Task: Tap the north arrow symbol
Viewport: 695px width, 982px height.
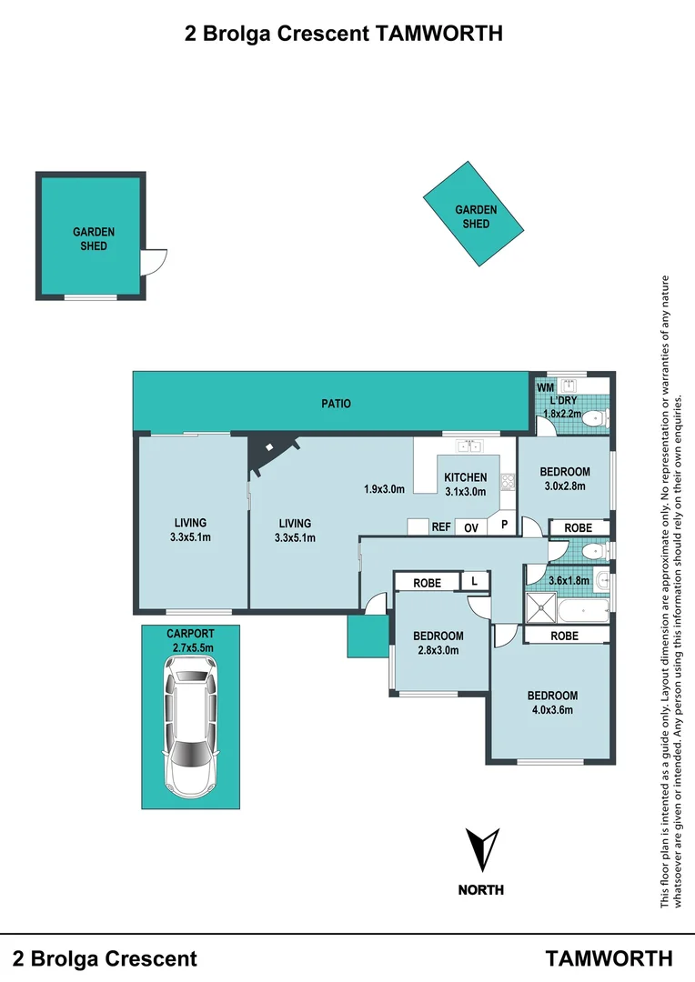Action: pyautogui.click(x=480, y=850)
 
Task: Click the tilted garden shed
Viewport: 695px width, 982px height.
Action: pyautogui.click(x=476, y=215)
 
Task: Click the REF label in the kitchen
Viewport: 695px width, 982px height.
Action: pyautogui.click(x=441, y=526)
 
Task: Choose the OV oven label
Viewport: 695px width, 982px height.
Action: pyautogui.click(x=471, y=526)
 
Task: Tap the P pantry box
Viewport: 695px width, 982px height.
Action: pyautogui.click(x=503, y=525)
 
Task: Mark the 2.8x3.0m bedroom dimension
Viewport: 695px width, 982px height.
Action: pyautogui.click(x=438, y=650)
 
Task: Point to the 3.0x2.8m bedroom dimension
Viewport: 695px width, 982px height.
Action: pyautogui.click(x=565, y=486)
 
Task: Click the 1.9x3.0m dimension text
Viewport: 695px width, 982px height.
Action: pyautogui.click(x=382, y=490)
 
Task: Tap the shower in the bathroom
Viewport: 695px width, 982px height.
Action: pyautogui.click(x=542, y=606)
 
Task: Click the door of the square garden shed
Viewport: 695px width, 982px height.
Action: pyautogui.click(x=152, y=262)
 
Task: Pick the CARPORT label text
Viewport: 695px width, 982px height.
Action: pyautogui.click(x=189, y=634)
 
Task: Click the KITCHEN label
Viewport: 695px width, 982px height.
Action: pyautogui.click(x=465, y=477)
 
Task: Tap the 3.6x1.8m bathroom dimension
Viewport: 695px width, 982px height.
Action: pyautogui.click(x=569, y=580)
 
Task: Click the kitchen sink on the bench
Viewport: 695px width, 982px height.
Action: pyautogui.click(x=468, y=446)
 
